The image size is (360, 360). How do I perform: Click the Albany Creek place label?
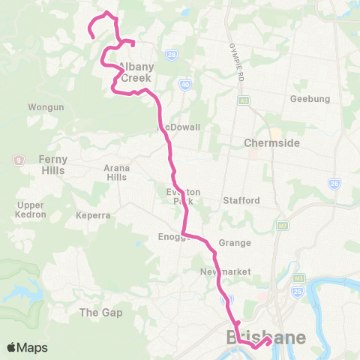coord(136,72)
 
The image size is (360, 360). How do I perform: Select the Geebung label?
coord(310,99)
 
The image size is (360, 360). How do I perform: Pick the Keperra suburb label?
coord(93,215)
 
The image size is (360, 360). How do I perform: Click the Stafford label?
coord(241,200)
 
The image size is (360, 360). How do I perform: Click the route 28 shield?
coord(172,55)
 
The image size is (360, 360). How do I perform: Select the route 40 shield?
coord(184,85)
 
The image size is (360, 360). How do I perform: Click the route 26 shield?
coord(334,184)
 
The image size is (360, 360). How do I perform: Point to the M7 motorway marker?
coord(282,225)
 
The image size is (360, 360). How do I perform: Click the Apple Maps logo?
coord(27,347)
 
